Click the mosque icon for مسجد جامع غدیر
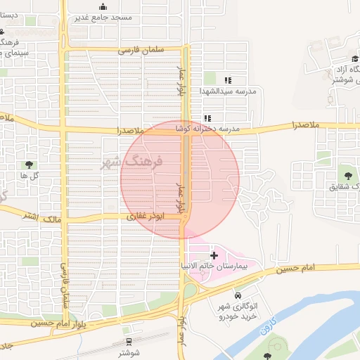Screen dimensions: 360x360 (104, 6)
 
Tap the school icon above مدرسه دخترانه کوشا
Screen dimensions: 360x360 (207, 118)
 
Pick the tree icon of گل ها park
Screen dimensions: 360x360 (28, 165)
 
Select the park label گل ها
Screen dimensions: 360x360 (29, 175)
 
